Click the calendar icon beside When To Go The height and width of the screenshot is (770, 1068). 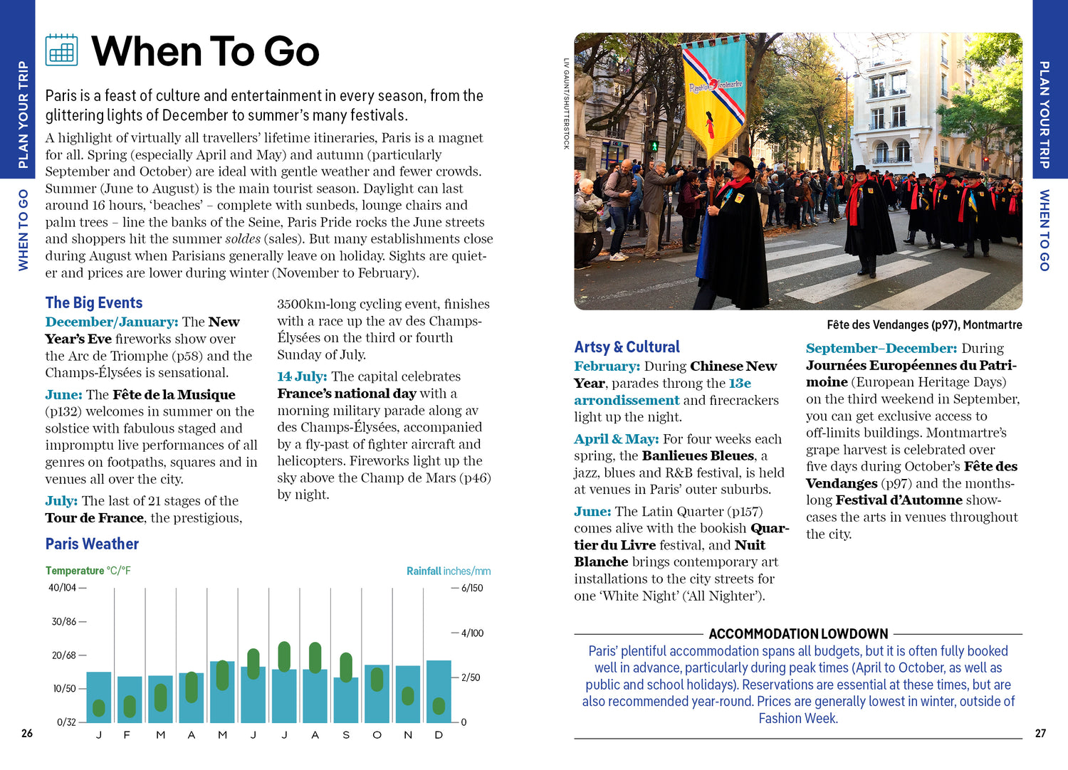click(61, 50)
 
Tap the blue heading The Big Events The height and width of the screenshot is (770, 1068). click(94, 303)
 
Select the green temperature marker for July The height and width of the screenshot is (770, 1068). click(284, 657)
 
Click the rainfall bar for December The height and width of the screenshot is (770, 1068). click(439, 692)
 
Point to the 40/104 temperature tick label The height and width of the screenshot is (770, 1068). click(63, 588)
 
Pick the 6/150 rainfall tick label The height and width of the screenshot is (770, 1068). click(472, 589)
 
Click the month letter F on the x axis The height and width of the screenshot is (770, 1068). click(127, 735)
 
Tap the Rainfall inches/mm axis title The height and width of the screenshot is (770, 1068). click(449, 571)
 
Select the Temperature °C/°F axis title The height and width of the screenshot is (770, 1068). click(88, 571)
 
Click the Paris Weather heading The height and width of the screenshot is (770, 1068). click(92, 544)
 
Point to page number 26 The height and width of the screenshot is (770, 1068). click(27, 734)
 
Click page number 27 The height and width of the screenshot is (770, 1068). click(1040, 734)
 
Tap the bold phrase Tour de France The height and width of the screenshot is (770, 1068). click(95, 518)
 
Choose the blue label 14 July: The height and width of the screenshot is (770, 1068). click(302, 376)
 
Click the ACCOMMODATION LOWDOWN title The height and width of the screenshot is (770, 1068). click(798, 634)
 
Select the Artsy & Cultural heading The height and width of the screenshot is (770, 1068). click(627, 347)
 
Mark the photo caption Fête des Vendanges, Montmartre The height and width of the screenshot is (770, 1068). click(924, 325)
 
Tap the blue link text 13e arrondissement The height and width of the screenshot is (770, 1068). click(627, 401)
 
